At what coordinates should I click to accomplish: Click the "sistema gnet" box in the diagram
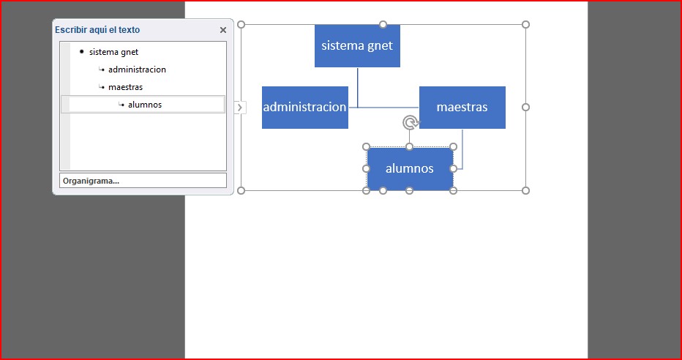(357, 45)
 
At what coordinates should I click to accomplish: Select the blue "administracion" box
(304, 107)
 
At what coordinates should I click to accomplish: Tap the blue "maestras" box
(462, 107)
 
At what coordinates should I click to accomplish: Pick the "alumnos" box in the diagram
(409, 168)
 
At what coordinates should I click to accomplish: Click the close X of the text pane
(223, 30)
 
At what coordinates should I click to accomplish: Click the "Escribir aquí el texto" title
(97, 30)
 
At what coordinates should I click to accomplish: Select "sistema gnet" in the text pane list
(113, 52)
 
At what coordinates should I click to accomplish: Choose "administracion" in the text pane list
(137, 70)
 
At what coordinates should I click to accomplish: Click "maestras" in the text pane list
(125, 87)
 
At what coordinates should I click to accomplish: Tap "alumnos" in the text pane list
(145, 105)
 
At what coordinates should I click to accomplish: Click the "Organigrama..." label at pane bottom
(91, 181)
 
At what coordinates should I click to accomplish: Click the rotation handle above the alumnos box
(410, 122)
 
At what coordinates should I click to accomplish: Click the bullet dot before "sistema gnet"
(81, 52)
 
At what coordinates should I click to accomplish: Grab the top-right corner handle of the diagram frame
(525, 24)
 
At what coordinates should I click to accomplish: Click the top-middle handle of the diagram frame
(383, 24)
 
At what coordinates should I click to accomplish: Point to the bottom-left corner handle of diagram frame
(241, 190)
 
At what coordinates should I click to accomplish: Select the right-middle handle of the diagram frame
(525, 107)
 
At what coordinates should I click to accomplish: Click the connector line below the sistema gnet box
(358, 86)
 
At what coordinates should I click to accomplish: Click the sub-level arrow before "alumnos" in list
(121, 105)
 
